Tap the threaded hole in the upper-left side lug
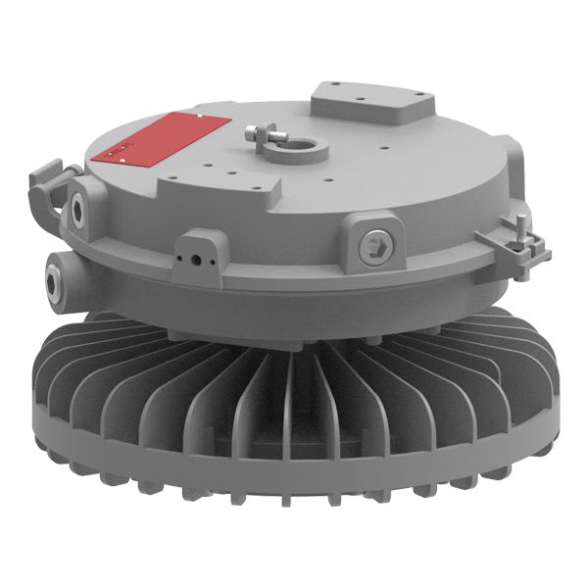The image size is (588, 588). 77,202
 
